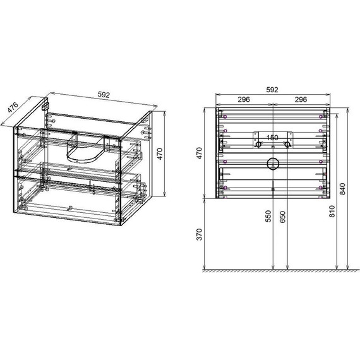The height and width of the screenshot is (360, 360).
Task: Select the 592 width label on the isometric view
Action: tap(104, 95)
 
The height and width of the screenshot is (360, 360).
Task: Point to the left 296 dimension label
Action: tap(244, 99)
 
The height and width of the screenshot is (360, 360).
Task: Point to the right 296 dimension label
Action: tap(300, 99)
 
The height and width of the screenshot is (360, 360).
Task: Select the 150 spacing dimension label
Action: tap(272, 138)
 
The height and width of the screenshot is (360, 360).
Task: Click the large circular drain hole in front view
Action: tap(272, 164)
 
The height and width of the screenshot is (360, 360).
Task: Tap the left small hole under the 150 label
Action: tap(258, 145)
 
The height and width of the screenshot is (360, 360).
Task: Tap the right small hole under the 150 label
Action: tap(287, 145)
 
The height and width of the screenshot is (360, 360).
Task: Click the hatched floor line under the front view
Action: tap(276, 271)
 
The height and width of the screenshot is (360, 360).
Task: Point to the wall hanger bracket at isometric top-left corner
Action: tap(45, 107)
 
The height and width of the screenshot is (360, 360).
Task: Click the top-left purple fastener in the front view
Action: tap(224, 116)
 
